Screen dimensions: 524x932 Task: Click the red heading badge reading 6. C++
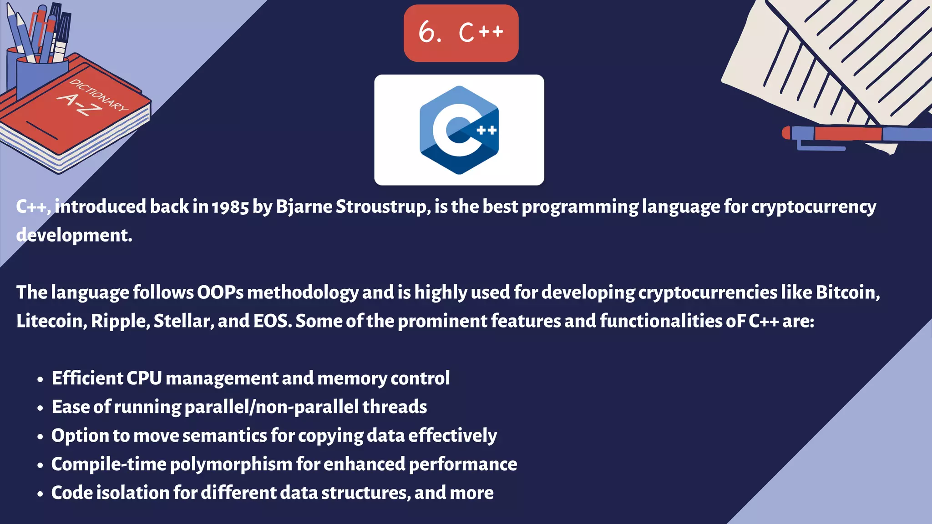(x=461, y=33)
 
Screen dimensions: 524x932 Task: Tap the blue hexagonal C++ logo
(x=459, y=130)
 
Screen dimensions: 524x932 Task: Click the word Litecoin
(x=50, y=321)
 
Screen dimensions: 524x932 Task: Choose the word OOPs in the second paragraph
(x=220, y=292)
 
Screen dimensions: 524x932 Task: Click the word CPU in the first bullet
(x=144, y=378)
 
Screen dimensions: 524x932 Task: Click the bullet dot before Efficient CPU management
(x=41, y=379)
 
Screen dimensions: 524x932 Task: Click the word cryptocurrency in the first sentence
(x=813, y=207)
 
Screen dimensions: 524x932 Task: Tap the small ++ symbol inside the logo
(x=486, y=131)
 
